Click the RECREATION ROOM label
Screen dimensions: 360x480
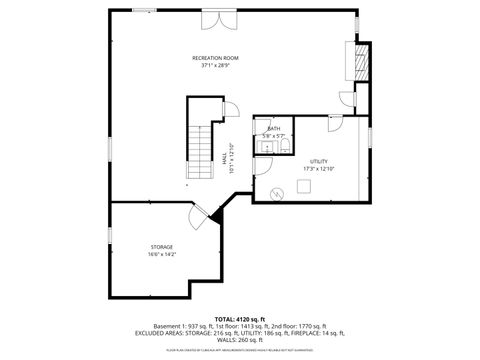(215, 58)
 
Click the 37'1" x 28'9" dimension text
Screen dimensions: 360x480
(215, 66)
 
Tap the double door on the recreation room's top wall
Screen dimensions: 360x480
(216, 20)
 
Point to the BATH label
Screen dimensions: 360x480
(273, 129)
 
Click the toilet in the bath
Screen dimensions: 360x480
(284, 147)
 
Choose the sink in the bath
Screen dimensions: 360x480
(264, 147)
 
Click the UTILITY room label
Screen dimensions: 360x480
(319, 160)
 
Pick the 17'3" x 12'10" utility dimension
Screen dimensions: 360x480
(319, 168)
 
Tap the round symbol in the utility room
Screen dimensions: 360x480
(277, 192)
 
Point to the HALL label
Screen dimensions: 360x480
(224, 160)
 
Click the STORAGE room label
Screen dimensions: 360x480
(162, 246)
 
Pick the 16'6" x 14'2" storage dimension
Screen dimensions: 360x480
(162, 254)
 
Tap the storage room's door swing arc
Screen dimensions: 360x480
(196, 214)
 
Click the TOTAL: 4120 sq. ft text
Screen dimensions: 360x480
(240, 318)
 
